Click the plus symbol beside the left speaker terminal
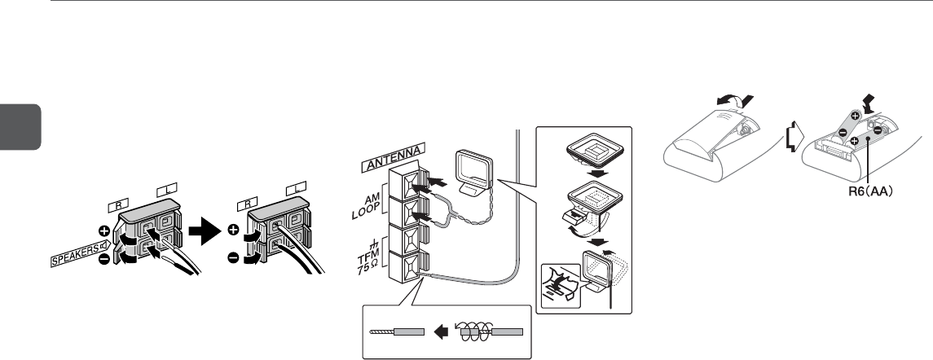pyautogui.click(x=104, y=229)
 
